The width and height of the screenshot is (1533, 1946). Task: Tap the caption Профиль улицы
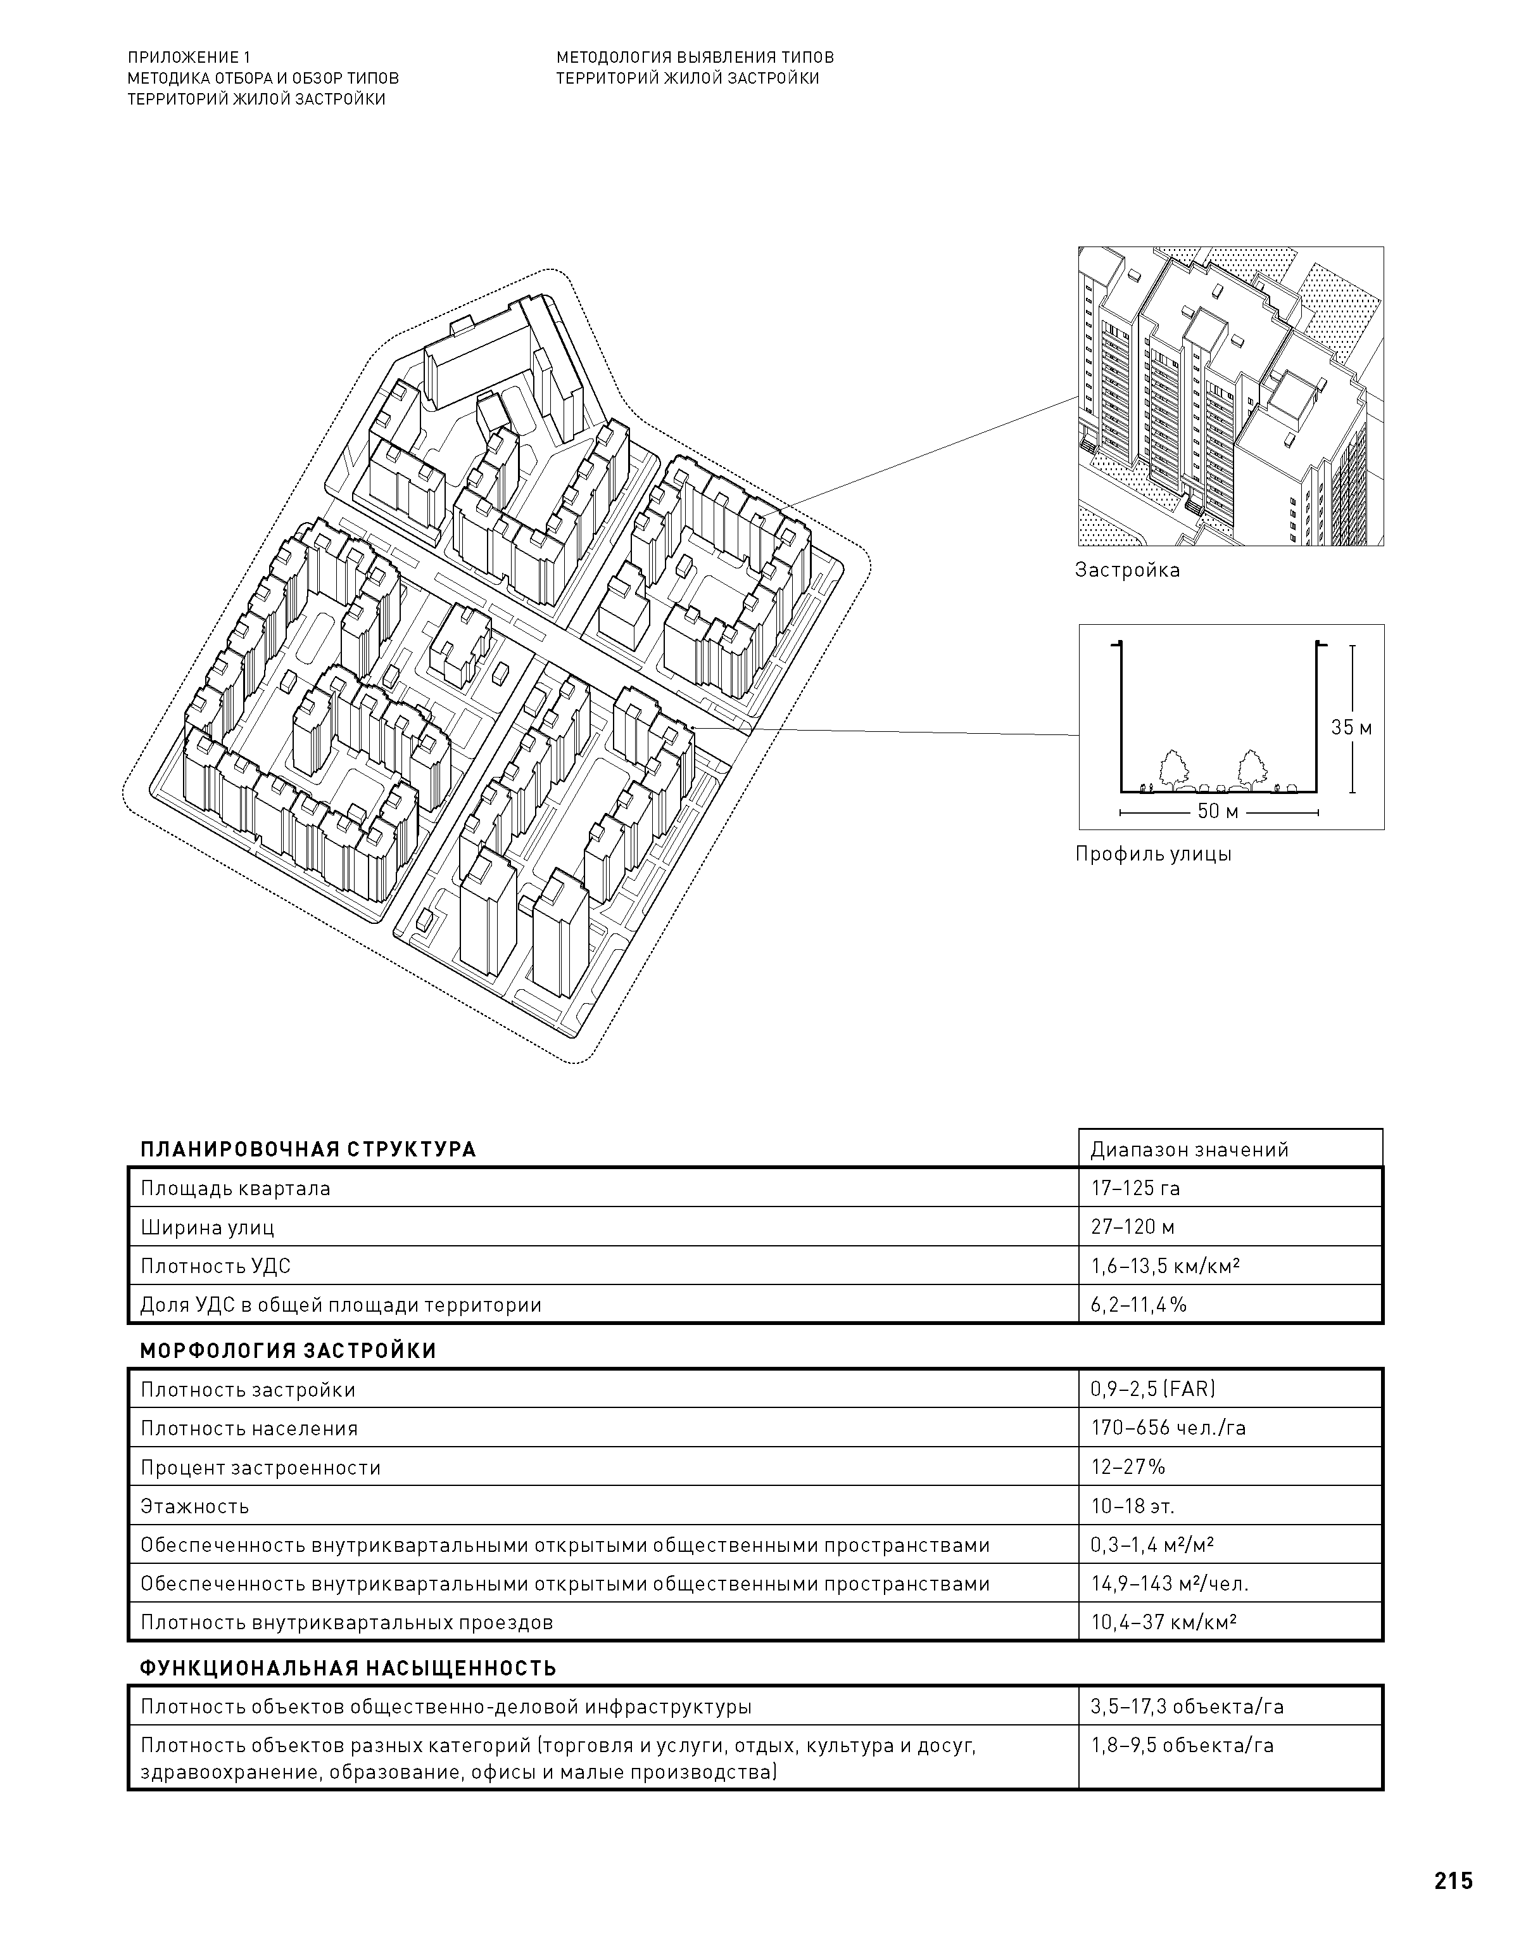[1153, 854]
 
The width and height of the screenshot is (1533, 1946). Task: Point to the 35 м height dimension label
[1351, 727]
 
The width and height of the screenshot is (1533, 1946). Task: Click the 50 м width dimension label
[1218, 812]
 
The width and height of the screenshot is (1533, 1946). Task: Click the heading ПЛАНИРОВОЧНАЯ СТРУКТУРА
[308, 1149]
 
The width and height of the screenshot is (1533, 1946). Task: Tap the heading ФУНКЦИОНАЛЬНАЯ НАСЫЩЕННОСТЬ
[348, 1668]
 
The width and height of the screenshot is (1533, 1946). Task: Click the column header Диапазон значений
[1189, 1149]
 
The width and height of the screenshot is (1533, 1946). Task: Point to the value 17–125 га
[1135, 1188]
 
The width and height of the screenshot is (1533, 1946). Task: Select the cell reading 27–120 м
[1133, 1227]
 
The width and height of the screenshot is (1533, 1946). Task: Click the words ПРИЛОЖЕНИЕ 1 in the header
[189, 58]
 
